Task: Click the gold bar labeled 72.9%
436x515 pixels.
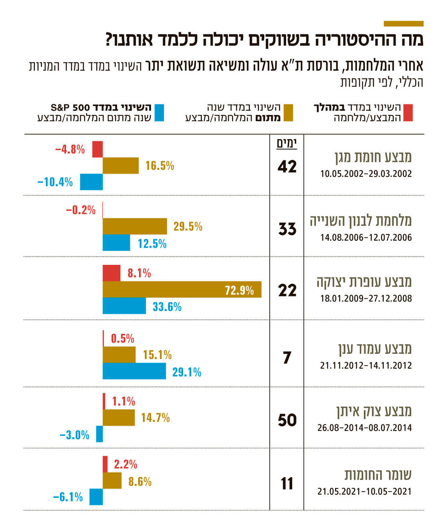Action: click(x=182, y=289)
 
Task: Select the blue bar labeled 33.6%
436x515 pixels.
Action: click(x=124, y=306)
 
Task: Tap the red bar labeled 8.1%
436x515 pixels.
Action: click(x=112, y=273)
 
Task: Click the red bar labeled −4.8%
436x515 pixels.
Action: click(x=98, y=149)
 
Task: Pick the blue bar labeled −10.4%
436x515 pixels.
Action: click(x=91, y=182)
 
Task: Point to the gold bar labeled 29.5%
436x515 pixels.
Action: click(x=135, y=226)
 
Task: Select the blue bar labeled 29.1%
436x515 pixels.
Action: click(x=134, y=371)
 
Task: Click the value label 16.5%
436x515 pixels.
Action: click(x=160, y=166)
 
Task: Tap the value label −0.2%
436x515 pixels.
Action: click(x=80, y=210)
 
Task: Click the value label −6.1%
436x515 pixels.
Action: click(x=68, y=497)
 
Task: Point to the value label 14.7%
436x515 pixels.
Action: click(x=155, y=418)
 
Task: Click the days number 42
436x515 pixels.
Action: click(x=287, y=167)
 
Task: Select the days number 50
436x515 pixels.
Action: click(x=287, y=420)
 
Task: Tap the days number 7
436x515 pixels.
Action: click(x=287, y=358)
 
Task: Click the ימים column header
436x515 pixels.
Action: click(x=287, y=143)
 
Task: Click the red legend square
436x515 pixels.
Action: click(x=408, y=112)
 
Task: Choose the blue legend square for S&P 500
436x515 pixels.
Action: click(x=159, y=112)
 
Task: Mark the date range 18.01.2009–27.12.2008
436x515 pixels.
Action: click(x=366, y=298)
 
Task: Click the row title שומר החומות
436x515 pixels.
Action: click(x=378, y=475)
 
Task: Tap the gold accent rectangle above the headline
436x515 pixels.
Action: click(x=403, y=24)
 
